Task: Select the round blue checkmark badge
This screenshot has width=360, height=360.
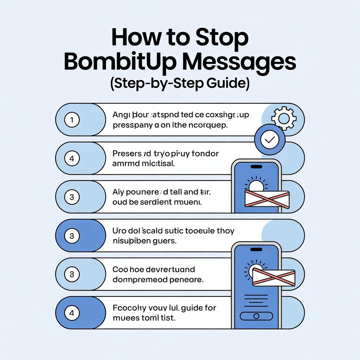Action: point(269,140)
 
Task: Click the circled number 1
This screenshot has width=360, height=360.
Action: point(72,120)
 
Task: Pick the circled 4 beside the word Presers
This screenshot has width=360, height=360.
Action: point(72,159)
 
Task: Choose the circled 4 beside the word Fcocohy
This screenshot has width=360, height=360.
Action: point(72,313)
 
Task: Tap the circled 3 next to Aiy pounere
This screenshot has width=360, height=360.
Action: point(72,197)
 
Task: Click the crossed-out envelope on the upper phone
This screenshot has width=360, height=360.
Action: point(266,199)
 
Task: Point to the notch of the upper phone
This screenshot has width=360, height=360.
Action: point(256,166)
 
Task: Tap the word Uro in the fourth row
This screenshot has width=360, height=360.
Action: point(120,231)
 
